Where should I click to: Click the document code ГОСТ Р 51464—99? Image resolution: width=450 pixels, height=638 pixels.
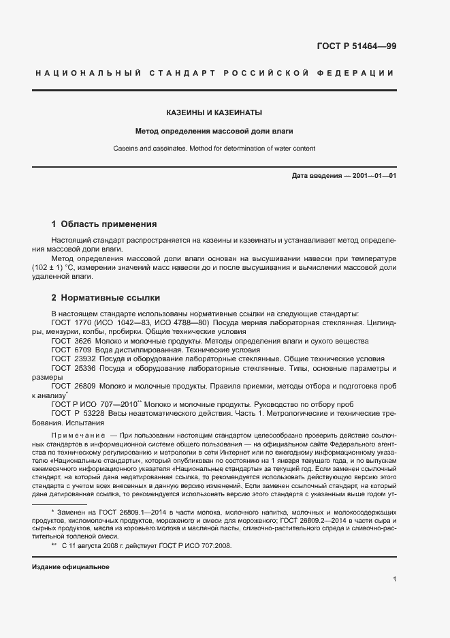coord(356,46)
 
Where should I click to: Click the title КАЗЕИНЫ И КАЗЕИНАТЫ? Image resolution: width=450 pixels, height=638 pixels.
coord(214,112)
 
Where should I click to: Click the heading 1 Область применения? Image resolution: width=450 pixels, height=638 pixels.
coord(104,224)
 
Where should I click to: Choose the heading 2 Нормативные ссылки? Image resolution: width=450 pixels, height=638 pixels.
coord(106,298)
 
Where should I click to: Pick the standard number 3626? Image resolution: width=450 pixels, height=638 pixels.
coord(82,339)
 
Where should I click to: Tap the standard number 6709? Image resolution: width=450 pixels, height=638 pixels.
coord(82,348)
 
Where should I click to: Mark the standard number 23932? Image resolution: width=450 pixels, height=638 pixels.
coord(85,358)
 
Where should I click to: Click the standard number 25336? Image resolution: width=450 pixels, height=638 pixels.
coord(85,367)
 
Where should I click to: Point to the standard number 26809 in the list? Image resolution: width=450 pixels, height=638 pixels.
coord(85,386)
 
